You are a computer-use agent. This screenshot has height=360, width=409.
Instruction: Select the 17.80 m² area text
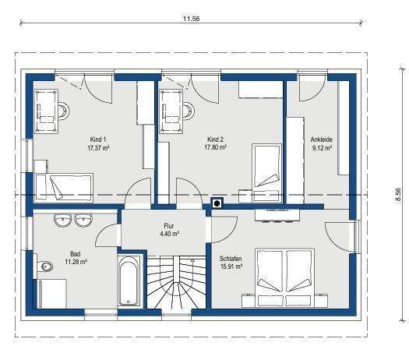tap(215, 146)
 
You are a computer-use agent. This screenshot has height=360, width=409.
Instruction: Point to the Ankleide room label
tap(322, 138)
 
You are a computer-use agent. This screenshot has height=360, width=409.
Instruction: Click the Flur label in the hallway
tap(169, 225)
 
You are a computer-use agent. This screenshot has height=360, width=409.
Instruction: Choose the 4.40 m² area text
tap(169, 233)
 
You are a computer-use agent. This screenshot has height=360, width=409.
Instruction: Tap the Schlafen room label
tap(231, 258)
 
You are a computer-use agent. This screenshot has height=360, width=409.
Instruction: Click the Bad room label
tap(76, 254)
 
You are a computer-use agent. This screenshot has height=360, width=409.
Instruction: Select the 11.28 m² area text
tap(76, 263)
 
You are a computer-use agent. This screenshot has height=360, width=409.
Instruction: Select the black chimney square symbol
tap(217, 205)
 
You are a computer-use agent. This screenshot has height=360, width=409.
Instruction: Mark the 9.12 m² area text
tap(322, 146)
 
